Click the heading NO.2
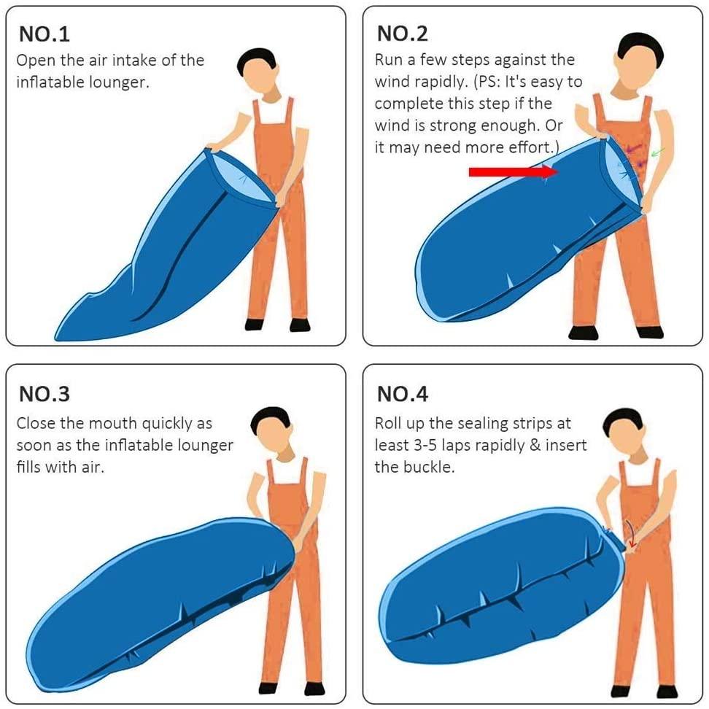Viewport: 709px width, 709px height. tap(402, 34)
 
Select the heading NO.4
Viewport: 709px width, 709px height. tap(402, 395)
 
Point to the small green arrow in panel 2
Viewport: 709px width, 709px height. tap(658, 152)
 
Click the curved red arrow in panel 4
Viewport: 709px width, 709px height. tap(632, 535)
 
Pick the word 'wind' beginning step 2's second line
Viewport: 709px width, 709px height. tap(392, 82)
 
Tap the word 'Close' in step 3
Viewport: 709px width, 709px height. tap(36, 423)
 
